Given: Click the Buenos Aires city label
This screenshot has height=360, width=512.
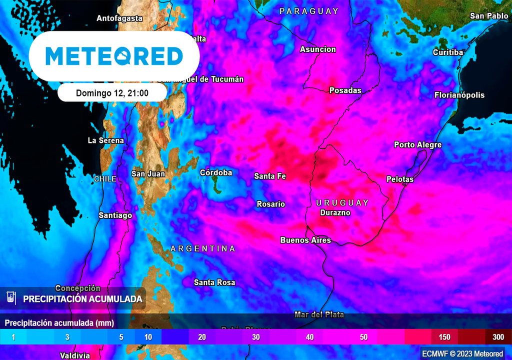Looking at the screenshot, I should click(305, 240).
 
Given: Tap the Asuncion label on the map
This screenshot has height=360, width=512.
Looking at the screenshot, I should click(318, 49).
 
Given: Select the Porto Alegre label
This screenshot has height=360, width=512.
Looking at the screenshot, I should click(417, 145).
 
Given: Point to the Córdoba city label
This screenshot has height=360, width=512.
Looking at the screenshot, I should click(216, 173).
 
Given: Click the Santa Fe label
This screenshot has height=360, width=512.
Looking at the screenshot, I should click(270, 176).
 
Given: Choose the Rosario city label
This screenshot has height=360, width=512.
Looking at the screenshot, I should click(270, 204).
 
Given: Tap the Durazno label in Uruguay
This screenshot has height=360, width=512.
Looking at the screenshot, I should click(335, 212).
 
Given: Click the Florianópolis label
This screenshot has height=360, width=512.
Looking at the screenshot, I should click(459, 95).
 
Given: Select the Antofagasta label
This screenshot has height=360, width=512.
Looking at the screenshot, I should click(119, 18).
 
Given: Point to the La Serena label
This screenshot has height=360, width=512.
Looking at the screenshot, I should click(106, 140).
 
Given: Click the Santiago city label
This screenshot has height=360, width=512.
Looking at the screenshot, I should click(115, 215).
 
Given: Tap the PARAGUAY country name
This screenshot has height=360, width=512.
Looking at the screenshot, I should click(309, 11).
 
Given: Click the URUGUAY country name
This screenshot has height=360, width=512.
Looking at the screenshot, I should click(342, 202).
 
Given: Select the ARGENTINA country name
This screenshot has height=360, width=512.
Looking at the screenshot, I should click(202, 248).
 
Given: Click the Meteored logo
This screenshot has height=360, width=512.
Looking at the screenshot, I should click(114, 56).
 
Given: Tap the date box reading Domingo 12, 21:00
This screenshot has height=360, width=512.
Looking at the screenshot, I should click(112, 93).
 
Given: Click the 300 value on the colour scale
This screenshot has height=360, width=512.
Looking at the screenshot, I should click(498, 337).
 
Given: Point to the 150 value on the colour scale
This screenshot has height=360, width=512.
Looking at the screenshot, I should click(444, 337).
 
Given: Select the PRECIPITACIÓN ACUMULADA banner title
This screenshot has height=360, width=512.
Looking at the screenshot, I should click(83, 299).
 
